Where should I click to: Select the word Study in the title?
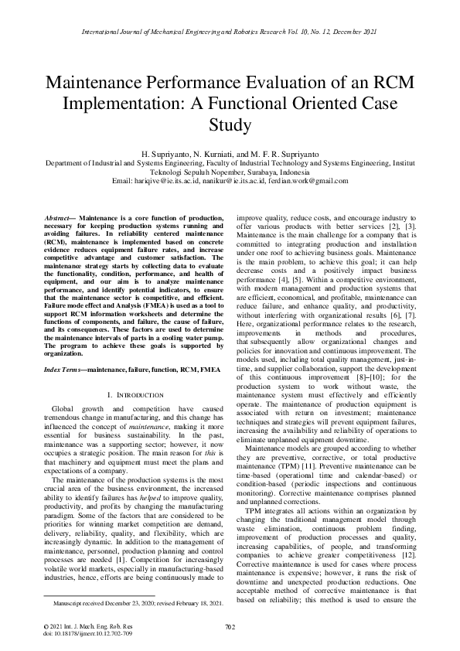point(230,123)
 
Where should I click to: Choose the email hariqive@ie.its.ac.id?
point(169,181)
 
